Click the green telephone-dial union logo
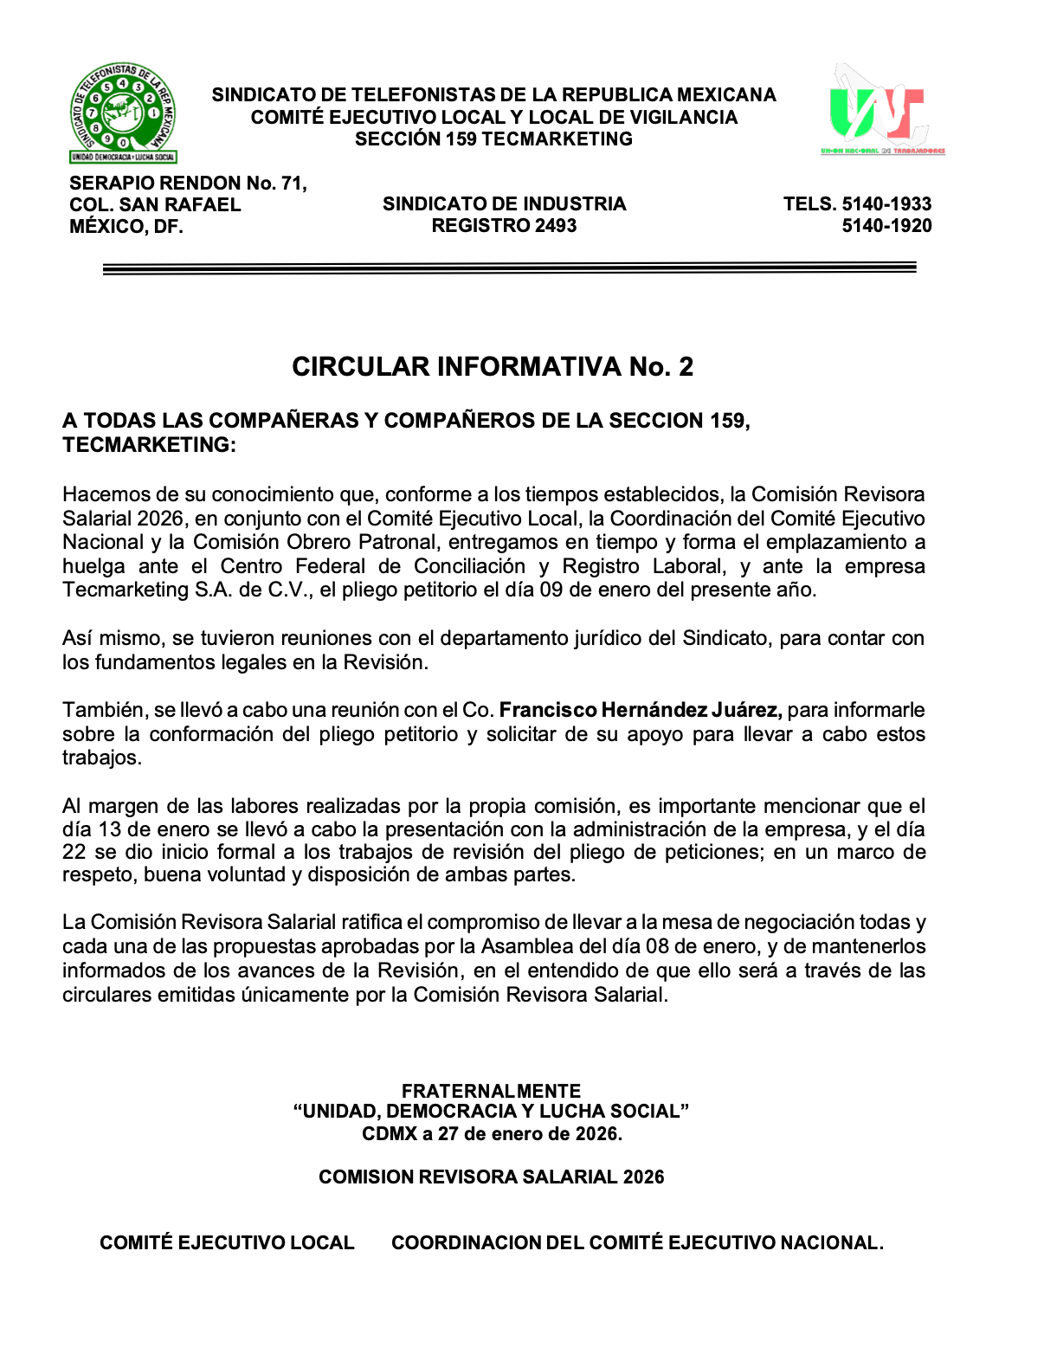click(x=123, y=113)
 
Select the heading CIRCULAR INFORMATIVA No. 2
click(x=493, y=366)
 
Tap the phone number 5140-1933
click(x=886, y=204)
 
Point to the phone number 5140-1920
click(x=886, y=226)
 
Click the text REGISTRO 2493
click(x=504, y=226)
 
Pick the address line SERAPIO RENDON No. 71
click(x=188, y=183)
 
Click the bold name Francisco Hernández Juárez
click(x=641, y=710)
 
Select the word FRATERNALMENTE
click(x=491, y=1091)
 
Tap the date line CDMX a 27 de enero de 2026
click(x=492, y=1134)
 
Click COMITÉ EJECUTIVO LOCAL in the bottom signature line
click(x=227, y=1243)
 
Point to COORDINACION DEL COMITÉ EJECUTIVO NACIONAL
click(x=637, y=1243)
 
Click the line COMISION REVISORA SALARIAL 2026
click(x=491, y=1177)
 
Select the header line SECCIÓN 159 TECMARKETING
click(x=493, y=139)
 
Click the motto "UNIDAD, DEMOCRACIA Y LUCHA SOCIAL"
click(x=491, y=1112)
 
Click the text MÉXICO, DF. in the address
click(x=126, y=227)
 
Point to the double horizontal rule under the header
click(x=509, y=268)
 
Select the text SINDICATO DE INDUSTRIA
click(x=504, y=204)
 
